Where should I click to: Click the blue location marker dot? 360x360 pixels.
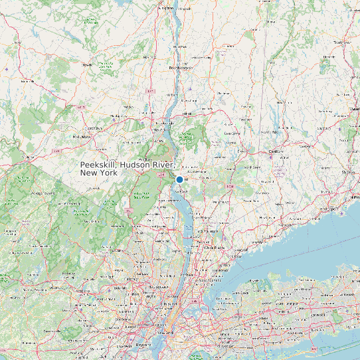click(179, 179)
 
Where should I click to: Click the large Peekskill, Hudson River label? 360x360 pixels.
click(127, 168)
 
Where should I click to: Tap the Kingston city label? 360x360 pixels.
click(166, 9)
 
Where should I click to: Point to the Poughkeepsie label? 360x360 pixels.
click(180, 68)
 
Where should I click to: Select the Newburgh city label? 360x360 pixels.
click(162, 124)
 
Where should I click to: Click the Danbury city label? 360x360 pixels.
click(276, 152)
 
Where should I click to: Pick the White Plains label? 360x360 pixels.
click(215, 246)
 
